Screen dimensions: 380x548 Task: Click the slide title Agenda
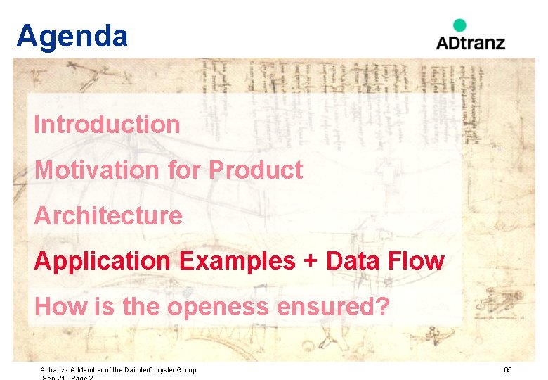tap(72, 37)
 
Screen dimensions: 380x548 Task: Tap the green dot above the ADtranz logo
tap(459, 25)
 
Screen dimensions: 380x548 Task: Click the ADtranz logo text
tap(470, 42)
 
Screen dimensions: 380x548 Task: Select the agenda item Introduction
tap(107, 125)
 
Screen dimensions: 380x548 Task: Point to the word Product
tap(256, 170)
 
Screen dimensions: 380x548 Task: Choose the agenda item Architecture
tap(108, 215)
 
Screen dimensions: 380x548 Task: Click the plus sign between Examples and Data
tap(310, 262)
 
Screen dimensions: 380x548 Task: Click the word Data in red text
tap(351, 261)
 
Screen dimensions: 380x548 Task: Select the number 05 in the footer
tap(507, 370)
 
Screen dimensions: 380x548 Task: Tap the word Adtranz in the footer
tap(53, 370)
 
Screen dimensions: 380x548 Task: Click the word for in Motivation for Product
tap(184, 170)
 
